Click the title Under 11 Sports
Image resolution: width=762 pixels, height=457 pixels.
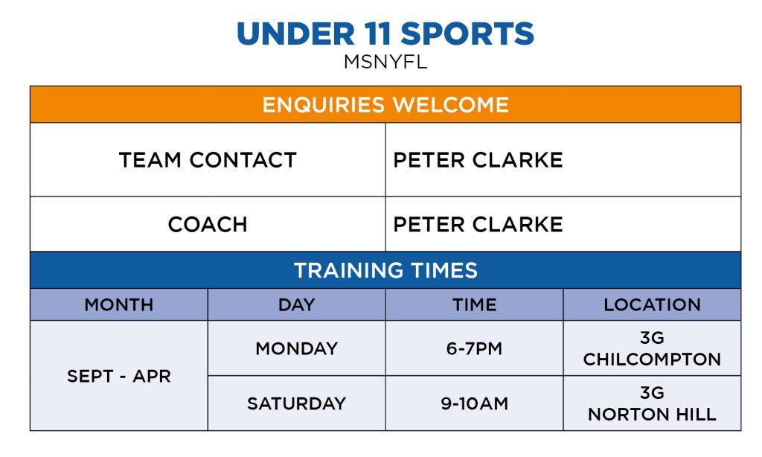pos(385,33)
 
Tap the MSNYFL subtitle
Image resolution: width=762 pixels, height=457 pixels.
pos(385,62)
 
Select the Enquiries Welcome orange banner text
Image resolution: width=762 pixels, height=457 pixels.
pos(385,104)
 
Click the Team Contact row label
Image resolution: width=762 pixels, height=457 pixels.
pos(208,160)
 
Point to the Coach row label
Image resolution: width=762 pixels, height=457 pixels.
pos(208,225)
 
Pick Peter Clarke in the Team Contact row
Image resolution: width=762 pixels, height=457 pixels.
pos(478,160)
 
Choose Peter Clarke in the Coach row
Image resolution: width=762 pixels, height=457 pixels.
pos(478,225)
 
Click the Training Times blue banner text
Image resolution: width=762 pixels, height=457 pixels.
pos(385,270)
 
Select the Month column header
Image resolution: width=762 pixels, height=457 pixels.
pos(119,305)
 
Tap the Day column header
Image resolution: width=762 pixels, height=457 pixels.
pos(296,305)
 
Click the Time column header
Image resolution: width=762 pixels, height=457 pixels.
pos(474,305)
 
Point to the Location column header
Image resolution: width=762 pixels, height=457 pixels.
pos(652,305)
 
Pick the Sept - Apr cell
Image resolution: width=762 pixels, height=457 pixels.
pos(119,376)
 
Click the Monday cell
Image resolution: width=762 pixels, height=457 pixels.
pos(296,348)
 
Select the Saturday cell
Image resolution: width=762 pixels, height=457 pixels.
pos(296,403)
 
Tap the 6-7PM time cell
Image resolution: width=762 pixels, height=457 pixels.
pos(474,348)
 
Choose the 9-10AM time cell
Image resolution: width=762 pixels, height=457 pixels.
pos(474,403)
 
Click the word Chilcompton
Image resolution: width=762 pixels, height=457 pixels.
pos(652,359)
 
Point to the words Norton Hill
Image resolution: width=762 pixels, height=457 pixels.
pos(652,415)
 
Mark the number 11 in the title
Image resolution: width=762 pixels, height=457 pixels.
pos(377,33)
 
